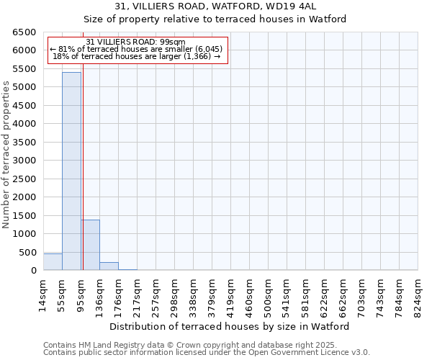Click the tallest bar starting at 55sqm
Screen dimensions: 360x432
(x=71, y=171)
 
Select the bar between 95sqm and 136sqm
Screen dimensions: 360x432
(x=90, y=245)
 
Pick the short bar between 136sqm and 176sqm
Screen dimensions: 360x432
(x=109, y=266)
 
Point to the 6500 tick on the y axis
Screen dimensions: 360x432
(x=24, y=32)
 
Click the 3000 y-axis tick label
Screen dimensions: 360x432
(x=24, y=161)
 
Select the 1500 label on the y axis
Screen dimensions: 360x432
(x=24, y=216)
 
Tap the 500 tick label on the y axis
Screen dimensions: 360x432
(x=27, y=253)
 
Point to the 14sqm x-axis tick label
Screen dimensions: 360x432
(x=43, y=294)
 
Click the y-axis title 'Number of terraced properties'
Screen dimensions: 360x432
(x=6, y=154)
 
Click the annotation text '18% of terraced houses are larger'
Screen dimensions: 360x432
(x=135, y=56)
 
